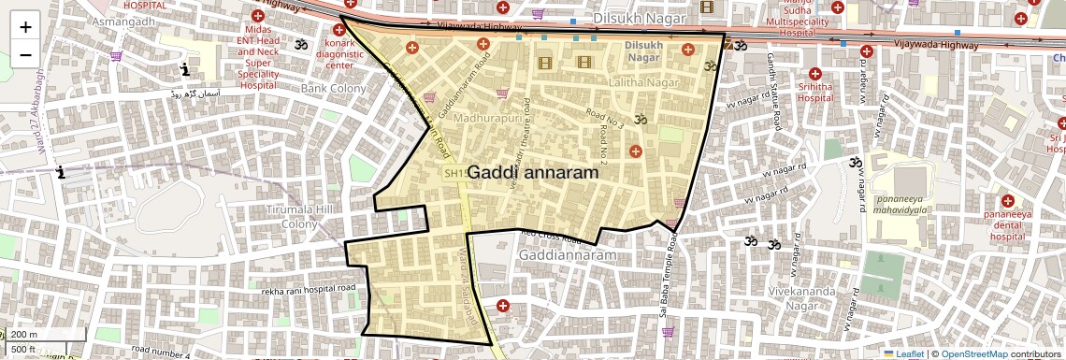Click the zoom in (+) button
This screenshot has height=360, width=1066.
pyautogui.click(x=25, y=26)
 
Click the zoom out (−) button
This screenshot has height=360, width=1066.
pyautogui.click(x=25, y=54)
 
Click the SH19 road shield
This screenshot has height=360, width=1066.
pyautogui.click(x=455, y=173)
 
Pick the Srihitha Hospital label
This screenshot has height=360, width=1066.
pyautogui.click(x=815, y=91)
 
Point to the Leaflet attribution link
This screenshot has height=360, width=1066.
pyautogui.click(x=904, y=353)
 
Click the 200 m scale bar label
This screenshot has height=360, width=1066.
pyautogui.click(x=25, y=335)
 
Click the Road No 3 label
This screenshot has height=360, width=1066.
pyautogui.click(x=605, y=118)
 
